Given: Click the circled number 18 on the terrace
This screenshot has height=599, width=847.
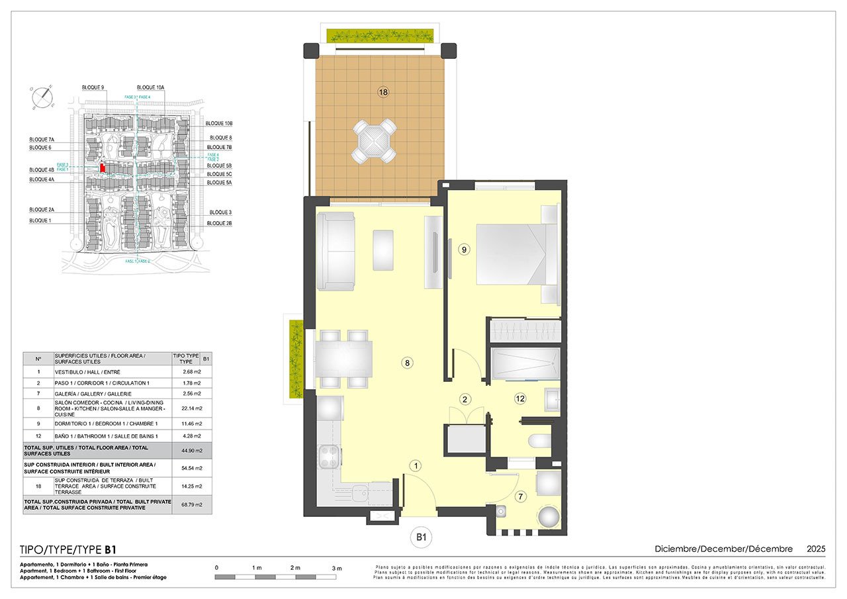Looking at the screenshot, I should (x=382, y=92).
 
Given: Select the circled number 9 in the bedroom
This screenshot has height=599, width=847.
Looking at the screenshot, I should (x=464, y=250).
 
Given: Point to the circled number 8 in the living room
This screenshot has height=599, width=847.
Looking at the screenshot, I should (x=408, y=362).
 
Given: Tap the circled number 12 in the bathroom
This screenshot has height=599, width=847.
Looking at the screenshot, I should (x=520, y=398).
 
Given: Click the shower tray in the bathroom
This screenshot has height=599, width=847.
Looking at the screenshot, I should (x=525, y=363).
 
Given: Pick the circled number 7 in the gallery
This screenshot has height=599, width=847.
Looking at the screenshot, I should (x=520, y=496).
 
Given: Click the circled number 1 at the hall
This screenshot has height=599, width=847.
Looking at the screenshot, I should (x=415, y=465).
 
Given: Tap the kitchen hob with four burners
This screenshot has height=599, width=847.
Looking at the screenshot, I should (x=330, y=456).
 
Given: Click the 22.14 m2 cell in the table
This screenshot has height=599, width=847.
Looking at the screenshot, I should (x=192, y=408).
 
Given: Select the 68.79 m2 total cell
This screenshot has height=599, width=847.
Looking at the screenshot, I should (x=192, y=504).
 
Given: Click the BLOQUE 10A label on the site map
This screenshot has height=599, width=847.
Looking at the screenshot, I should (x=150, y=87).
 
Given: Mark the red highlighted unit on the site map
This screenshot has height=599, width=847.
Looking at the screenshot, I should (x=103, y=168).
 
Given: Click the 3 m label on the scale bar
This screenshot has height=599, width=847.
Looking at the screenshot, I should (x=336, y=569).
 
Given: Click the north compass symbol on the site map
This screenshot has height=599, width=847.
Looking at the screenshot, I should (x=43, y=97).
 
